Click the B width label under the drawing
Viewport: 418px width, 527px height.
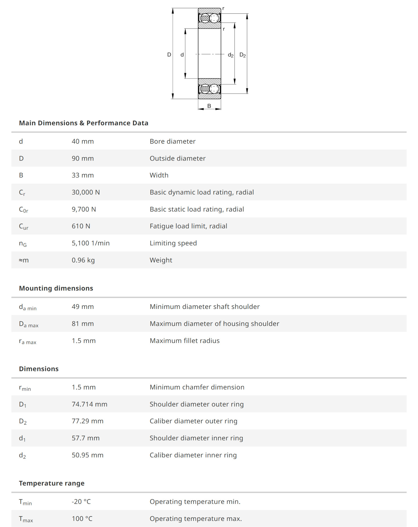[209, 106]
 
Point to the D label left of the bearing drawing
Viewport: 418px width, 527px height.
[169, 55]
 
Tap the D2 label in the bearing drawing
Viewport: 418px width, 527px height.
[242, 55]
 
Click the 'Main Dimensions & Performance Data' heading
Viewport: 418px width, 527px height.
[84, 123]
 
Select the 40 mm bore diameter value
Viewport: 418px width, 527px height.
[83, 141]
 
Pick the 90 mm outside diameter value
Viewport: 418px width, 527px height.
[83, 158]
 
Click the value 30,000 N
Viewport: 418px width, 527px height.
[86, 192]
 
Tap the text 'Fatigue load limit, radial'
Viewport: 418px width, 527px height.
[188, 226]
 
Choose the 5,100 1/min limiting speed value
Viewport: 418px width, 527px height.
[91, 243]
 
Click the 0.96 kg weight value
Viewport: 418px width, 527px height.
[83, 260]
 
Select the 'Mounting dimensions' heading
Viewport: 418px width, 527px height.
[56, 288]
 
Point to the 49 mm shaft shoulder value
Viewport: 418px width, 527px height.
[83, 307]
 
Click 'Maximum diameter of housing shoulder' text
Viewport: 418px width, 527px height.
[214, 324]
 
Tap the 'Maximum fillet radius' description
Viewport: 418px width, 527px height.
[184, 341]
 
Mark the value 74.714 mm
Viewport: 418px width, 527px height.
[89, 404]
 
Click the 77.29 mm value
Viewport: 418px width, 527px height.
[88, 421]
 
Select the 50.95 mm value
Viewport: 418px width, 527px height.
[88, 455]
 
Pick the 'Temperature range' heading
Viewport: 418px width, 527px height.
[52, 483]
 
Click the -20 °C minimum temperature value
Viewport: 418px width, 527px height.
[81, 502]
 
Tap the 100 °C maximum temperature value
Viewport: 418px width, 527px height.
[82, 519]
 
